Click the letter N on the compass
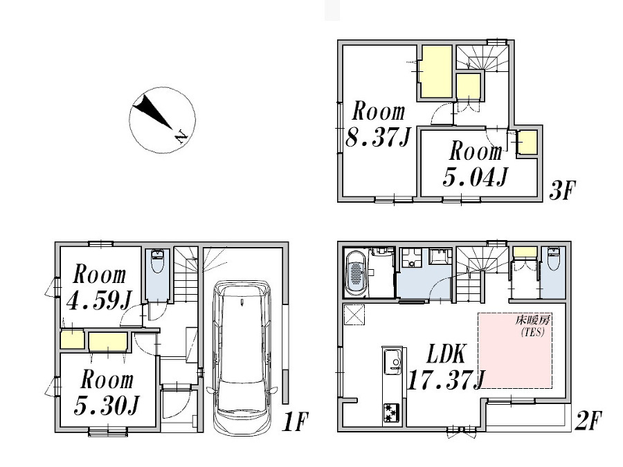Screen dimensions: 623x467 [181, 137]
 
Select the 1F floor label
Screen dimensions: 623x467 [295, 422]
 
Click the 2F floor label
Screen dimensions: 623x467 [588, 421]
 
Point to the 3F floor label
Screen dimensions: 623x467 [562, 190]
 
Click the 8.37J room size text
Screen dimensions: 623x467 [377, 138]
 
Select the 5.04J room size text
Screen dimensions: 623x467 [475, 177]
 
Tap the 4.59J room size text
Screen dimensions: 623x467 [99, 300]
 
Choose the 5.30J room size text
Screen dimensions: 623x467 [107, 405]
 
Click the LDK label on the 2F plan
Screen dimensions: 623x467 [446, 355]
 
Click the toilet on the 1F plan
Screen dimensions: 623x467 [157, 262]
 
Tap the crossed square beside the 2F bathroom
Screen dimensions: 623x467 [354, 315]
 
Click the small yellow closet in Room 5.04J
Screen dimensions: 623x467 [527, 143]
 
